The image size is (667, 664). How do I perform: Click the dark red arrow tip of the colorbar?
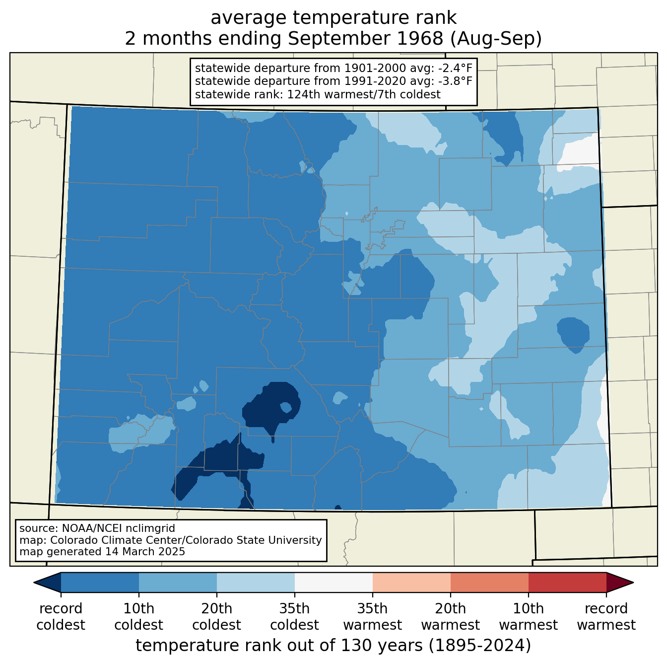click(619, 583)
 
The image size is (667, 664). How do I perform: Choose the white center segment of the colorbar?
click(333, 583)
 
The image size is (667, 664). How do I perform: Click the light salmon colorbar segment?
click(411, 583)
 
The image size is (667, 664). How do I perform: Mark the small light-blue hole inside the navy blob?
click(286, 407)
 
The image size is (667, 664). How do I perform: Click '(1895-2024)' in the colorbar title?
click(480, 645)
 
